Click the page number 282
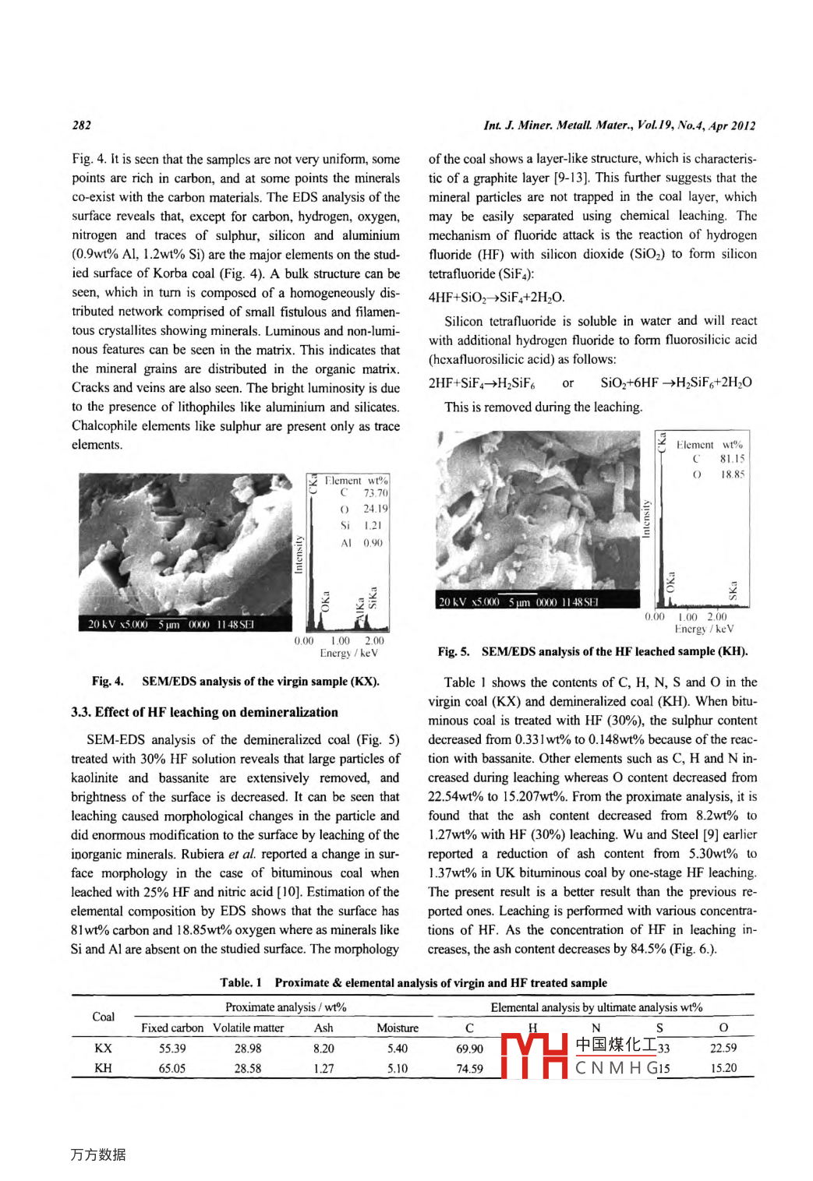81,125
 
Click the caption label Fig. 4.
108,682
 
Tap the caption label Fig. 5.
454,651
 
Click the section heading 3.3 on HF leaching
204,712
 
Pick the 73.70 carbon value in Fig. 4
375,493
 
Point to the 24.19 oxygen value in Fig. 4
375,509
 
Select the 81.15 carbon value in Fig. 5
732,459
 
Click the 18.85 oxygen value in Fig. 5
732,474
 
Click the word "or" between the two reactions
567,383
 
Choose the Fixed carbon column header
171,1028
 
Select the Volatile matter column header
248,1028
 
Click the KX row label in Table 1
103,1049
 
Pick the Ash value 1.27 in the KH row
323,1069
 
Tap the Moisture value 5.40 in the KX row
398,1049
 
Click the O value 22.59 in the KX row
723,1049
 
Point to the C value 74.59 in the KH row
469,1069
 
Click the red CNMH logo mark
534,1056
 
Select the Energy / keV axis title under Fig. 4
348,654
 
